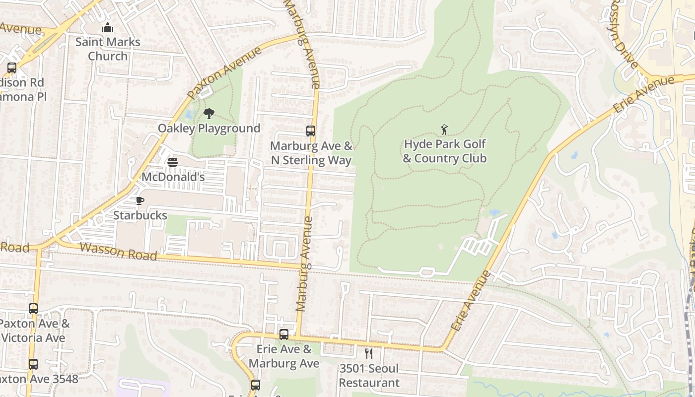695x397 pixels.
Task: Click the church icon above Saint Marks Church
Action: (x=108, y=28)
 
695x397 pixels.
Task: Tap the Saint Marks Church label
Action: (x=108, y=49)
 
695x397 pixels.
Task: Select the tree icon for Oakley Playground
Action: (x=209, y=114)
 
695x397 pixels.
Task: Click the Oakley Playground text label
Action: (x=209, y=129)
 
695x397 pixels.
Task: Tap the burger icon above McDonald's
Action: (x=173, y=162)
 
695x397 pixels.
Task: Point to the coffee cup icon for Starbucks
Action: (x=140, y=200)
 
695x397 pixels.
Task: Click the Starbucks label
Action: (x=140, y=215)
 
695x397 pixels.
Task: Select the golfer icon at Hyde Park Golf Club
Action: (x=444, y=130)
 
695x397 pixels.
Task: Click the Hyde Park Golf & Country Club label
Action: (x=444, y=151)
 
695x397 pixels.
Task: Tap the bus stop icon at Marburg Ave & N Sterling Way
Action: (x=311, y=131)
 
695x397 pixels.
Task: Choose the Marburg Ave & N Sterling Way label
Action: (x=311, y=153)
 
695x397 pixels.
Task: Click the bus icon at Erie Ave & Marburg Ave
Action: (x=284, y=334)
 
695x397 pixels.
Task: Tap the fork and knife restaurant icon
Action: (x=369, y=354)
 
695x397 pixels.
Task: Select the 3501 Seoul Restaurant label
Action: (x=369, y=376)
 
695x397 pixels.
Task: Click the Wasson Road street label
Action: (x=118, y=252)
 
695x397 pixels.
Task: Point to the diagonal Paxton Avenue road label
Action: (x=224, y=73)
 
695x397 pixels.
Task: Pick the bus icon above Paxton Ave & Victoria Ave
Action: (x=33, y=309)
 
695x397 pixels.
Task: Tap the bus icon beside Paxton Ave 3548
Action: (x=33, y=364)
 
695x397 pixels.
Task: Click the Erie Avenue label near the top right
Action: (x=644, y=94)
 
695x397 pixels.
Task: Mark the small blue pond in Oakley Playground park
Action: (x=188, y=115)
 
